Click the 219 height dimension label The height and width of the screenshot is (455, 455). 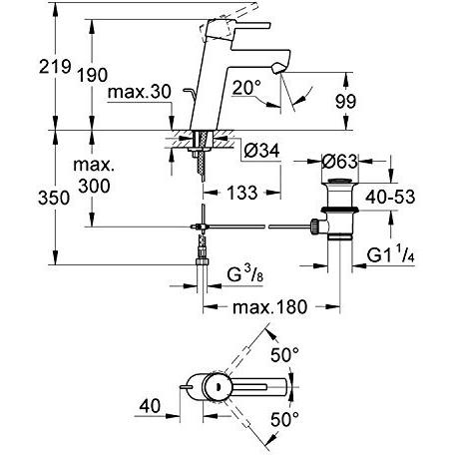point(55,67)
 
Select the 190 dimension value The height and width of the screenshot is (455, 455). point(92,75)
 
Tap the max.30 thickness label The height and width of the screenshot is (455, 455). point(140,92)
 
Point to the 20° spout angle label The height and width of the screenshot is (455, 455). point(246,88)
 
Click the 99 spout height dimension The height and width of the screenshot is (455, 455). point(345,101)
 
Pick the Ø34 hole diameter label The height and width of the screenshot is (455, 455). point(261,151)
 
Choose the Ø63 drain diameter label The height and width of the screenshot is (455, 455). point(339,162)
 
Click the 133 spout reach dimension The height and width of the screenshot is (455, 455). point(242,193)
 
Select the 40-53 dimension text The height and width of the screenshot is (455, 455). point(390,197)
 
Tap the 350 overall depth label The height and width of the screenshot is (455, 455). point(54,198)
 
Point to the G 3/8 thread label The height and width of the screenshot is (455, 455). point(244,275)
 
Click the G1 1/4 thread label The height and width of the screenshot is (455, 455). point(391,255)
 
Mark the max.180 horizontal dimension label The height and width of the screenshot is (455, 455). point(269,307)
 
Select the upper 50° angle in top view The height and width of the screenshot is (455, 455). point(284,354)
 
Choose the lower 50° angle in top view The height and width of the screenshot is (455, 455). point(284,419)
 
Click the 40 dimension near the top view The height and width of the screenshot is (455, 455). point(150,406)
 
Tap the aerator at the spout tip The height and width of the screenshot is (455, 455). point(278,69)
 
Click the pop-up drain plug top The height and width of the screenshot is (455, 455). point(339,182)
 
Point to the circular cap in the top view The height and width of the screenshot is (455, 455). point(218,387)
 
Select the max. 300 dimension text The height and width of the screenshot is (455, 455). point(94,176)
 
